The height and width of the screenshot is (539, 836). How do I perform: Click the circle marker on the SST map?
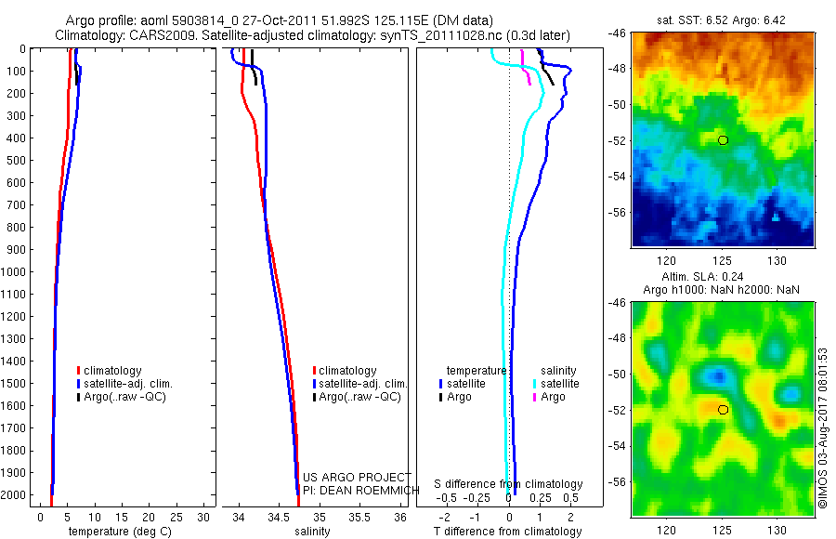click(723, 140)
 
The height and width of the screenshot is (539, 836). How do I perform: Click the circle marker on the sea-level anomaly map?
click(723, 410)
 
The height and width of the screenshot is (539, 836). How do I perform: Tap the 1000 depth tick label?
click(16, 272)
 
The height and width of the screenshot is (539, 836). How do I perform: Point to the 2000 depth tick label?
click(16, 495)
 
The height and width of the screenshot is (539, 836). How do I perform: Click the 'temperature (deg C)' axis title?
click(121, 532)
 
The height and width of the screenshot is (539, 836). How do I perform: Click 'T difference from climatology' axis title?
click(509, 532)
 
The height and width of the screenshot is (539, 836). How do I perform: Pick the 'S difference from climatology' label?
click(509, 484)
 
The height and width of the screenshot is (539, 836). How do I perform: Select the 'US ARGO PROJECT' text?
click(357, 478)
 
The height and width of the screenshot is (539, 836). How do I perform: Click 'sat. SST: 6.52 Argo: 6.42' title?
click(723, 20)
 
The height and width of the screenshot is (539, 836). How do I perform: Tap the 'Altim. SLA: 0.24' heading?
click(723, 278)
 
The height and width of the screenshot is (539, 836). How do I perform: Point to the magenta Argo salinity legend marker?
click(535, 397)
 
